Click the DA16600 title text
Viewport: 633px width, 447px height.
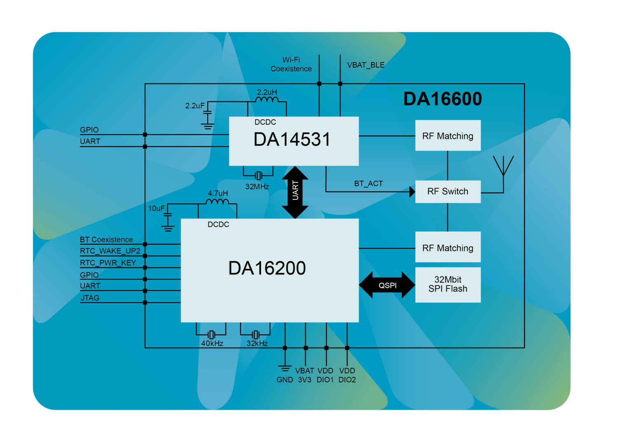[x=442, y=99]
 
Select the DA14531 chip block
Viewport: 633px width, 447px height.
[x=293, y=141]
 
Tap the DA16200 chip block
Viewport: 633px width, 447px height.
[x=270, y=270]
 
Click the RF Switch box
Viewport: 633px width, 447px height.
[x=448, y=191]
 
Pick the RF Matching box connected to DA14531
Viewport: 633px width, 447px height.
[x=448, y=136]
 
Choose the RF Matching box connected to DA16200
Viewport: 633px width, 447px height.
[x=448, y=248]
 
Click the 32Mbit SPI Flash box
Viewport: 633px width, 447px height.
[x=448, y=284]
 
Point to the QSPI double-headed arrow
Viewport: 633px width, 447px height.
[x=387, y=285]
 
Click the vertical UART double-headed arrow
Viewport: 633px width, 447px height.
[x=295, y=192]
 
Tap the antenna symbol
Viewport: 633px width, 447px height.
[x=503, y=167]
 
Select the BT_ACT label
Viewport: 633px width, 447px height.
[x=368, y=184]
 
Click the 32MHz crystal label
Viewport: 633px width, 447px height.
[x=257, y=186]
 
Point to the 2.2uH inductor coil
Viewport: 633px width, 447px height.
[x=267, y=100]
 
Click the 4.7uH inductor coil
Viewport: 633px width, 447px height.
[x=217, y=201]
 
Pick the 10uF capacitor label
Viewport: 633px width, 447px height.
[x=156, y=209]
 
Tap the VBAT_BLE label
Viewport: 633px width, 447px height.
[x=366, y=65]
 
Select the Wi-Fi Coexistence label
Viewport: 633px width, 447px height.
[x=291, y=65]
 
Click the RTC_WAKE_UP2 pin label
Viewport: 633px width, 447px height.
[x=110, y=251]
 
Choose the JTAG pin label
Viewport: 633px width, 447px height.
[x=90, y=298]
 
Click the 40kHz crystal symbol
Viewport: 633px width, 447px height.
[x=211, y=335]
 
